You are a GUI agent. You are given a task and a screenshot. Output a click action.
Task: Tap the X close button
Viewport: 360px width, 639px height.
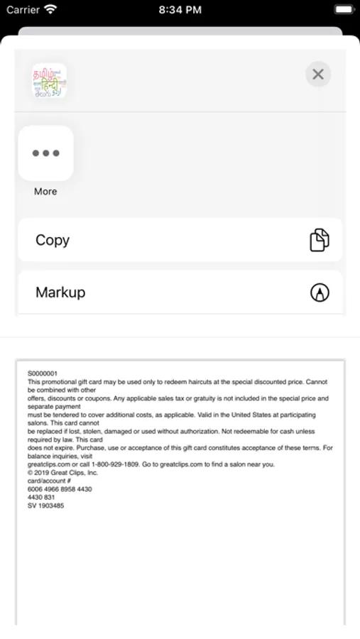click(x=318, y=74)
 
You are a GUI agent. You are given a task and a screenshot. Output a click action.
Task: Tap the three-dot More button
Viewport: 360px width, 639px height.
click(x=45, y=153)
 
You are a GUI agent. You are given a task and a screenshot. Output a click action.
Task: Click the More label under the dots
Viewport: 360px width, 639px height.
click(x=45, y=192)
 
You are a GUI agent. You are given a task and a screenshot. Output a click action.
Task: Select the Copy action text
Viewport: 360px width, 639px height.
click(x=53, y=240)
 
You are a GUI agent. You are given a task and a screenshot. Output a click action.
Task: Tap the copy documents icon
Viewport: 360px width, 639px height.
click(x=320, y=240)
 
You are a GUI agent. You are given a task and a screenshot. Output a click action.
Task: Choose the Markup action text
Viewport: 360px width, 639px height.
click(x=60, y=292)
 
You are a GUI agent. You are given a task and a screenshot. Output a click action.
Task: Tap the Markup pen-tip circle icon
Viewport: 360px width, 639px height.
click(x=320, y=293)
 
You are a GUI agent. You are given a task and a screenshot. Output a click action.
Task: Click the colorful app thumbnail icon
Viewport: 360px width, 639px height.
click(x=49, y=81)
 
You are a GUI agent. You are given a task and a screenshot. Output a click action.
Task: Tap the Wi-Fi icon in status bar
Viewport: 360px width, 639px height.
click(x=50, y=9)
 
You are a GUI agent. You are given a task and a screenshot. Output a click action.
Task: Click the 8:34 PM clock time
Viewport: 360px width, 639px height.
click(x=180, y=10)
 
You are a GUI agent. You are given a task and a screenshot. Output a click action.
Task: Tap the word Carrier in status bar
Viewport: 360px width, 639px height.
click(x=23, y=10)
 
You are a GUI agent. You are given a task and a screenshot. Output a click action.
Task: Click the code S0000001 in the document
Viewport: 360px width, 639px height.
click(x=43, y=373)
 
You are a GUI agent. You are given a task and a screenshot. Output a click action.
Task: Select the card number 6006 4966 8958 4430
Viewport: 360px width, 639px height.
click(x=60, y=489)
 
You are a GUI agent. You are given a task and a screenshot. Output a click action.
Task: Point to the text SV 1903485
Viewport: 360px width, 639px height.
click(x=45, y=506)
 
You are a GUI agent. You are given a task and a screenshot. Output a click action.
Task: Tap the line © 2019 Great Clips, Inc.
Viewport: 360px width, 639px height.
click(x=63, y=473)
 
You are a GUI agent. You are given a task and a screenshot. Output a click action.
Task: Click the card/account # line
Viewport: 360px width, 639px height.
click(x=46, y=481)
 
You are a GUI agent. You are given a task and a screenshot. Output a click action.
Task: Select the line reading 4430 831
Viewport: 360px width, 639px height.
click(x=41, y=497)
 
